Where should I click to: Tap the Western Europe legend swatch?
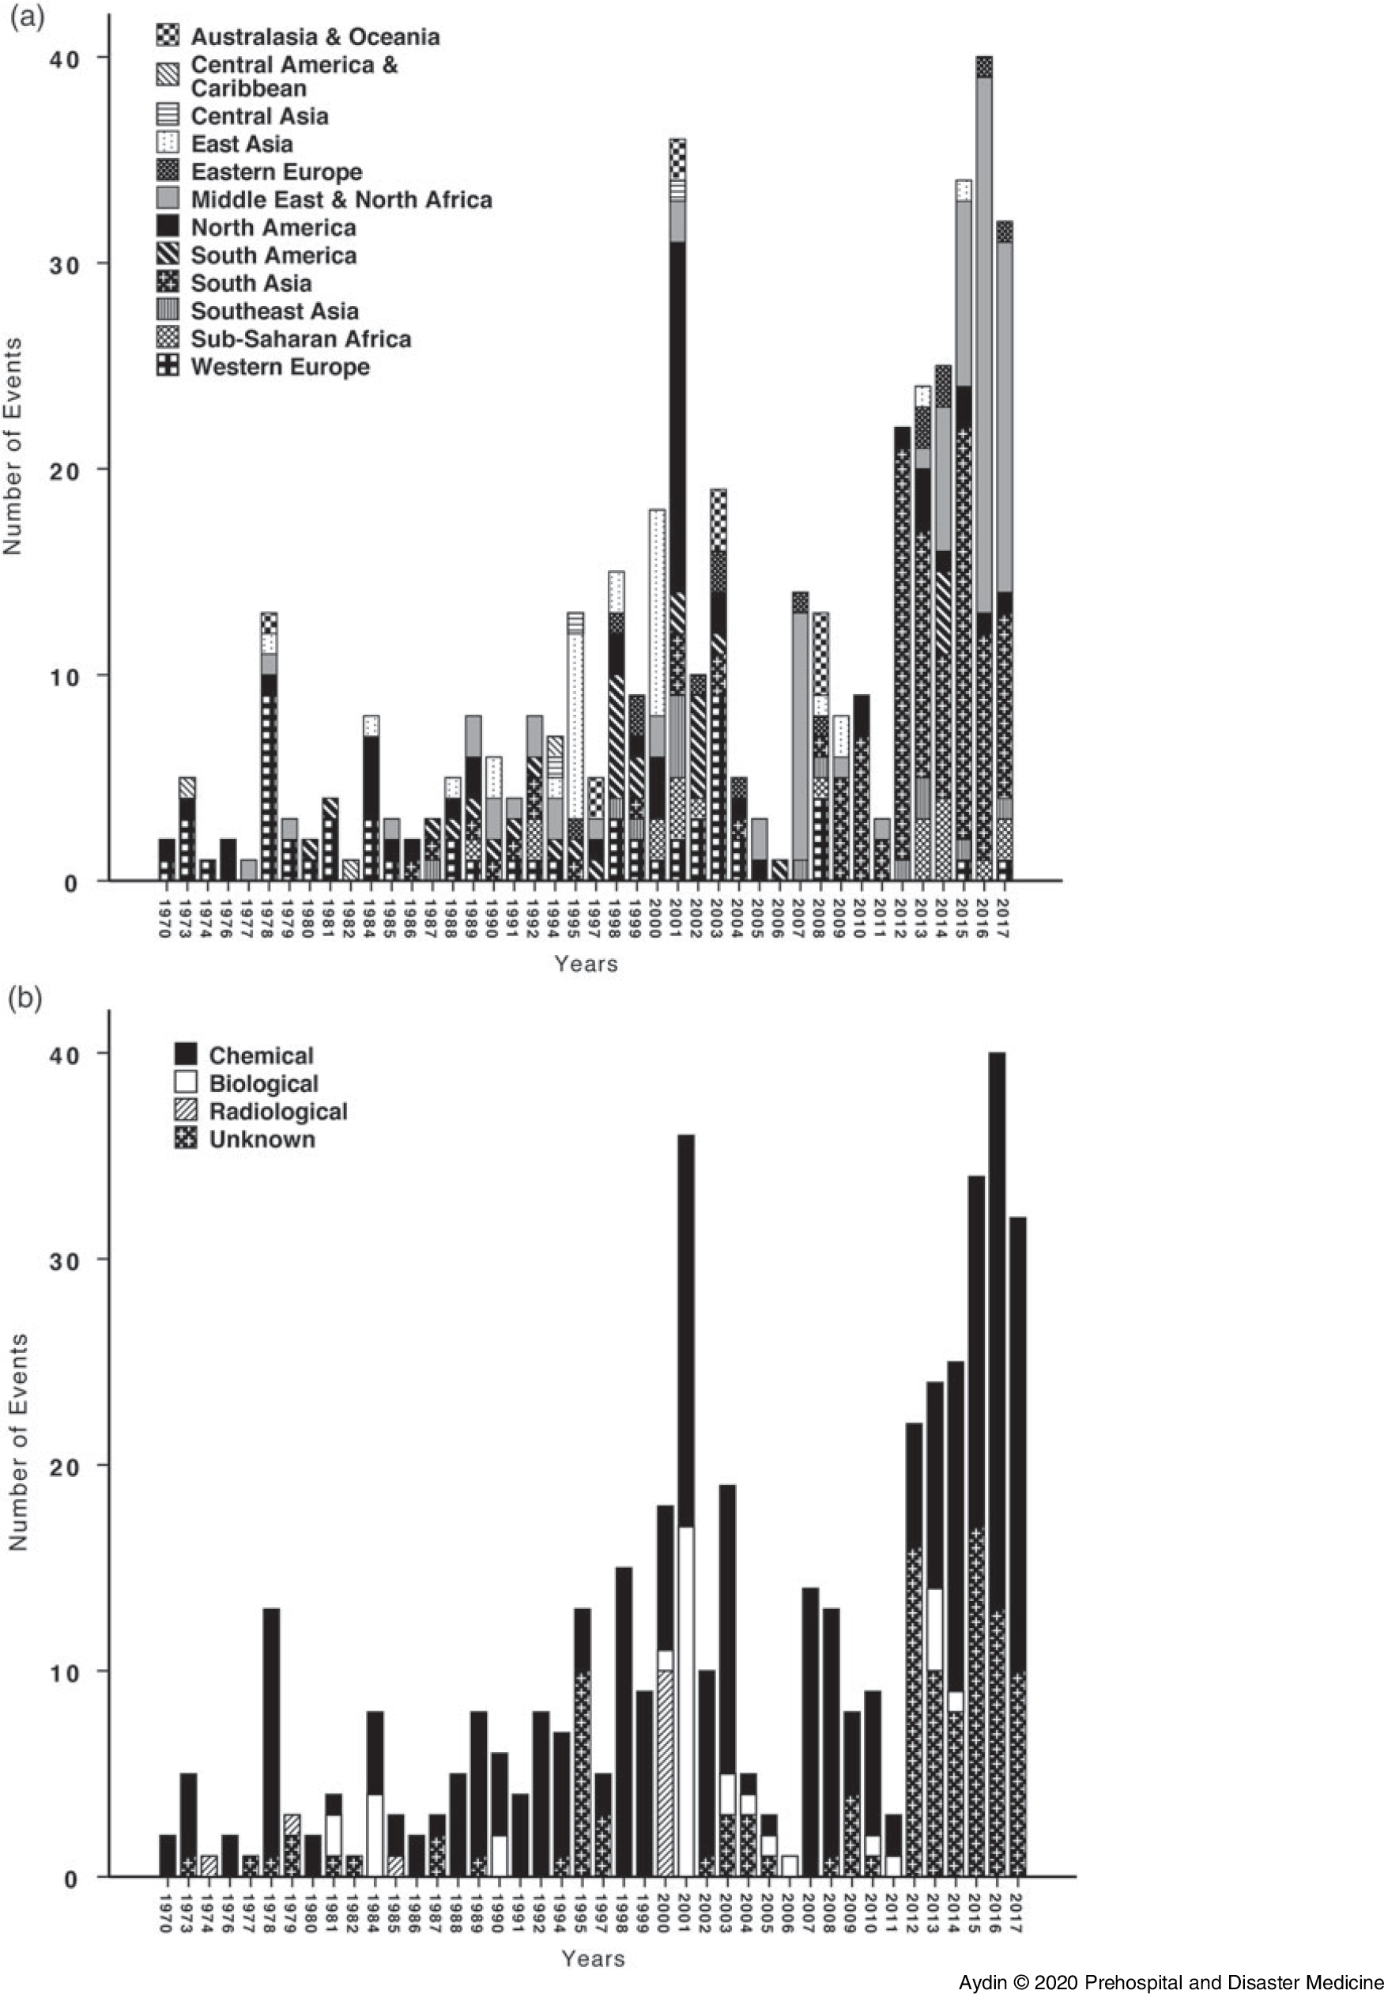pos(168,366)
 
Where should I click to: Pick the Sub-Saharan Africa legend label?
pos(300,338)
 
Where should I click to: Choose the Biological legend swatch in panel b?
pos(186,1083)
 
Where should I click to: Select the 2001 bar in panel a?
pos(677,520)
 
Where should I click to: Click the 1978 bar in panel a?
pos(270,746)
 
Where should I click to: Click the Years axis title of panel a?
pos(586,964)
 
